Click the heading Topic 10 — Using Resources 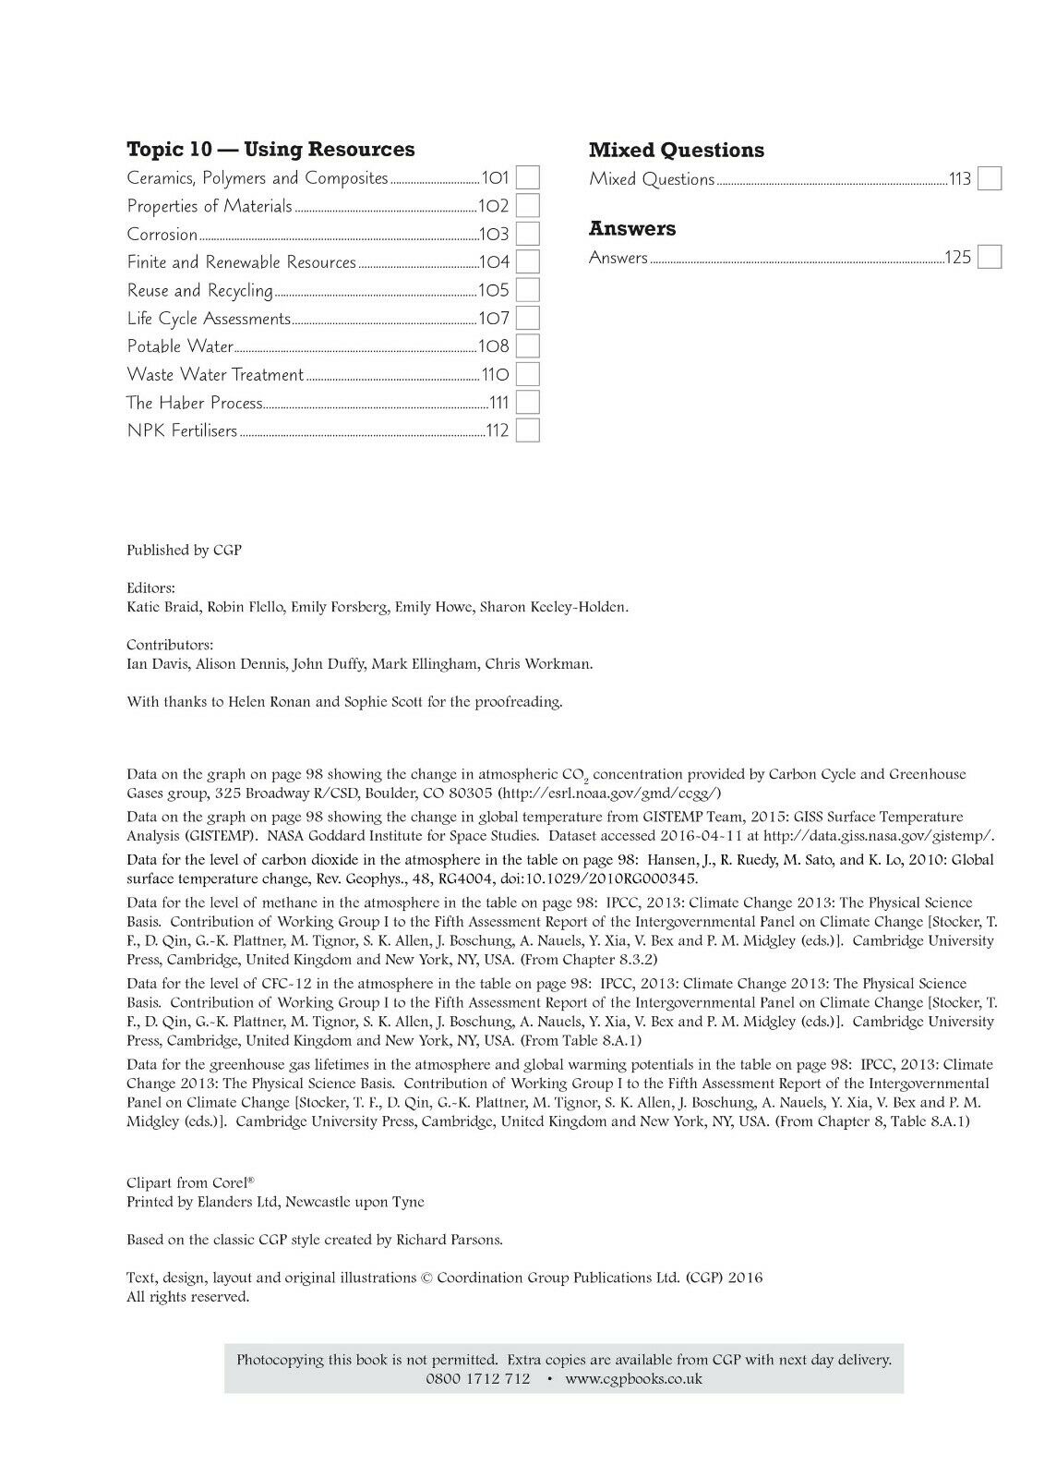[270, 150]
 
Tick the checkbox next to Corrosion [527, 234]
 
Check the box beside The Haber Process [527, 403]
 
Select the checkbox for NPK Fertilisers [527, 430]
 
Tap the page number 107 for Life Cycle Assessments [494, 319]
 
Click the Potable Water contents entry [180, 346]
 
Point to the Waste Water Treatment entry [215, 375]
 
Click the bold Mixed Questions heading [677, 150]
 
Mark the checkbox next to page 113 [990, 178]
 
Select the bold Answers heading [632, 228]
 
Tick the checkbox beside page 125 [990, 257]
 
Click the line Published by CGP [184, 550]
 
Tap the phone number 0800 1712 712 [478, 1378]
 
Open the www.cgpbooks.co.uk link [633, 1378]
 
